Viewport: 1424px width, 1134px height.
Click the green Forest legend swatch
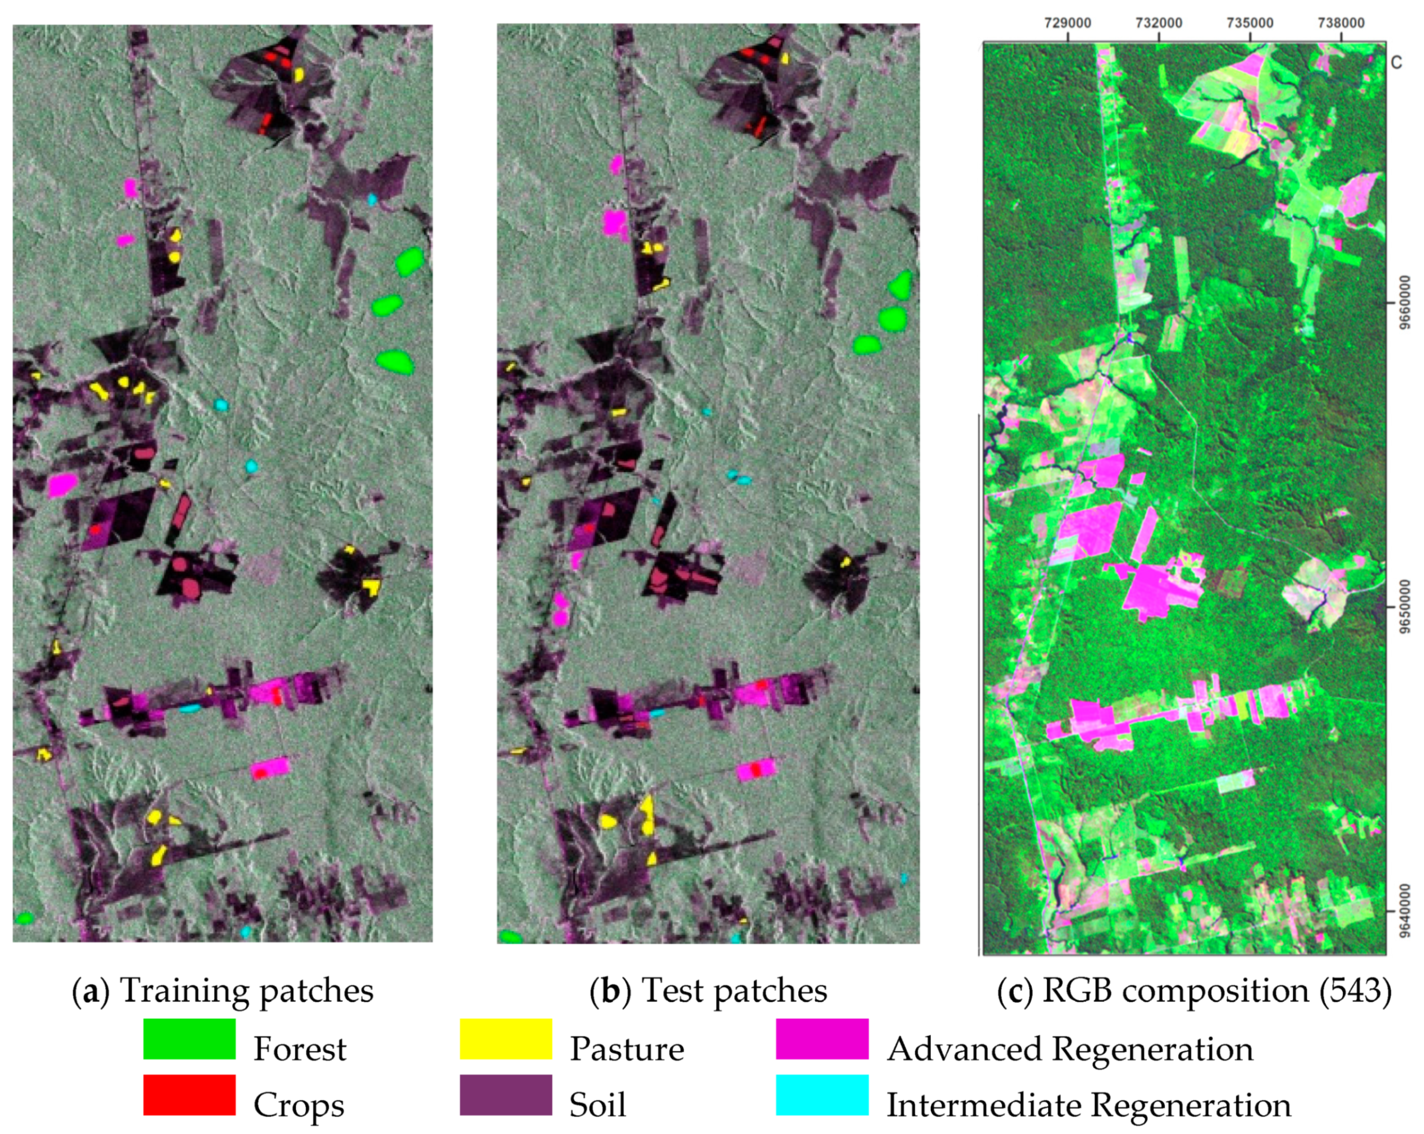click(189, 1039)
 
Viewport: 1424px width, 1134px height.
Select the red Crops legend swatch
click(189, 1095)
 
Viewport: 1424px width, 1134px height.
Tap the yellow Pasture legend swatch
click(506, 1039)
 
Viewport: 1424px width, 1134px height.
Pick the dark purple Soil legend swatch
click(506, 1095)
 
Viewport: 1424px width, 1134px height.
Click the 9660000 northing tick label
click(1404, 302)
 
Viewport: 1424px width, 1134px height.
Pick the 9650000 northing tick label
click(1404, 606)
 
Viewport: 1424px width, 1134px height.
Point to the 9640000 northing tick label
click(1404, 911)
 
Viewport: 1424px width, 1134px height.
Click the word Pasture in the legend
click(627, 1049)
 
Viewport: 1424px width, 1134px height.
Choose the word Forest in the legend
click(300, 1049)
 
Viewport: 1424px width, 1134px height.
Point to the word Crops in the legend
click(299, 1105)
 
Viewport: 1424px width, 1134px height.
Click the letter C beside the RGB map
click(1396, 63)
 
